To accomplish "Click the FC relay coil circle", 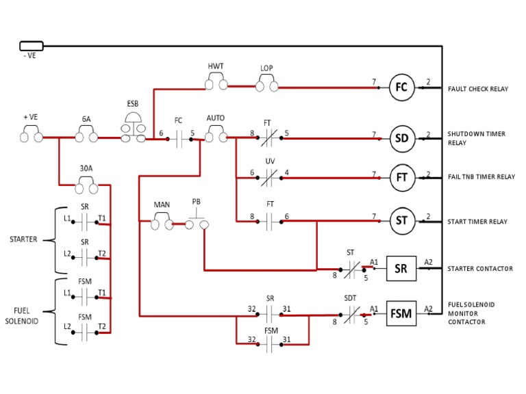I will click(401, 87).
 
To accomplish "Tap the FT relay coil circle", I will click(401, 176).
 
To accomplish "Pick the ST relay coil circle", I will click(401, 220).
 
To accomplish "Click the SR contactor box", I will click(401, 268).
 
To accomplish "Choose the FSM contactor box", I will click(401, 314).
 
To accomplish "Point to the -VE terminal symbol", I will click(32, 46).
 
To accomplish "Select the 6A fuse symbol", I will click(86, 137).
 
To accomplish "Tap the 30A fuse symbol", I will click(86, 183).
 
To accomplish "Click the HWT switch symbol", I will click(216, 85).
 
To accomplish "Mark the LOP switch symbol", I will click(266, 86).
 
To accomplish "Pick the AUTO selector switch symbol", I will click(216, 137).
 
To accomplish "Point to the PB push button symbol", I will click(197, 220).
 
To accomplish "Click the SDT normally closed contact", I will click(350, 314).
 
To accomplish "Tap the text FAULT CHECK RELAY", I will click(478, 89).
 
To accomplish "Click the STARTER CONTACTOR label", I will click(480, 269).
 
